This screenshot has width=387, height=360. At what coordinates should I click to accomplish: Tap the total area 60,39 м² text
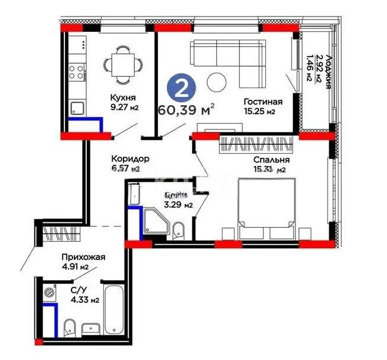point(186,109)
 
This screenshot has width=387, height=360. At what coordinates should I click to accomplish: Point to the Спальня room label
point(271,160)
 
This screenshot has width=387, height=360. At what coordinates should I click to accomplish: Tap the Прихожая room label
point(84,257)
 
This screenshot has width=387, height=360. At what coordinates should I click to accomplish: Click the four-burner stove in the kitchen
point(77,72)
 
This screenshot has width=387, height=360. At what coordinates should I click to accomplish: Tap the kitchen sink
point(77,108)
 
